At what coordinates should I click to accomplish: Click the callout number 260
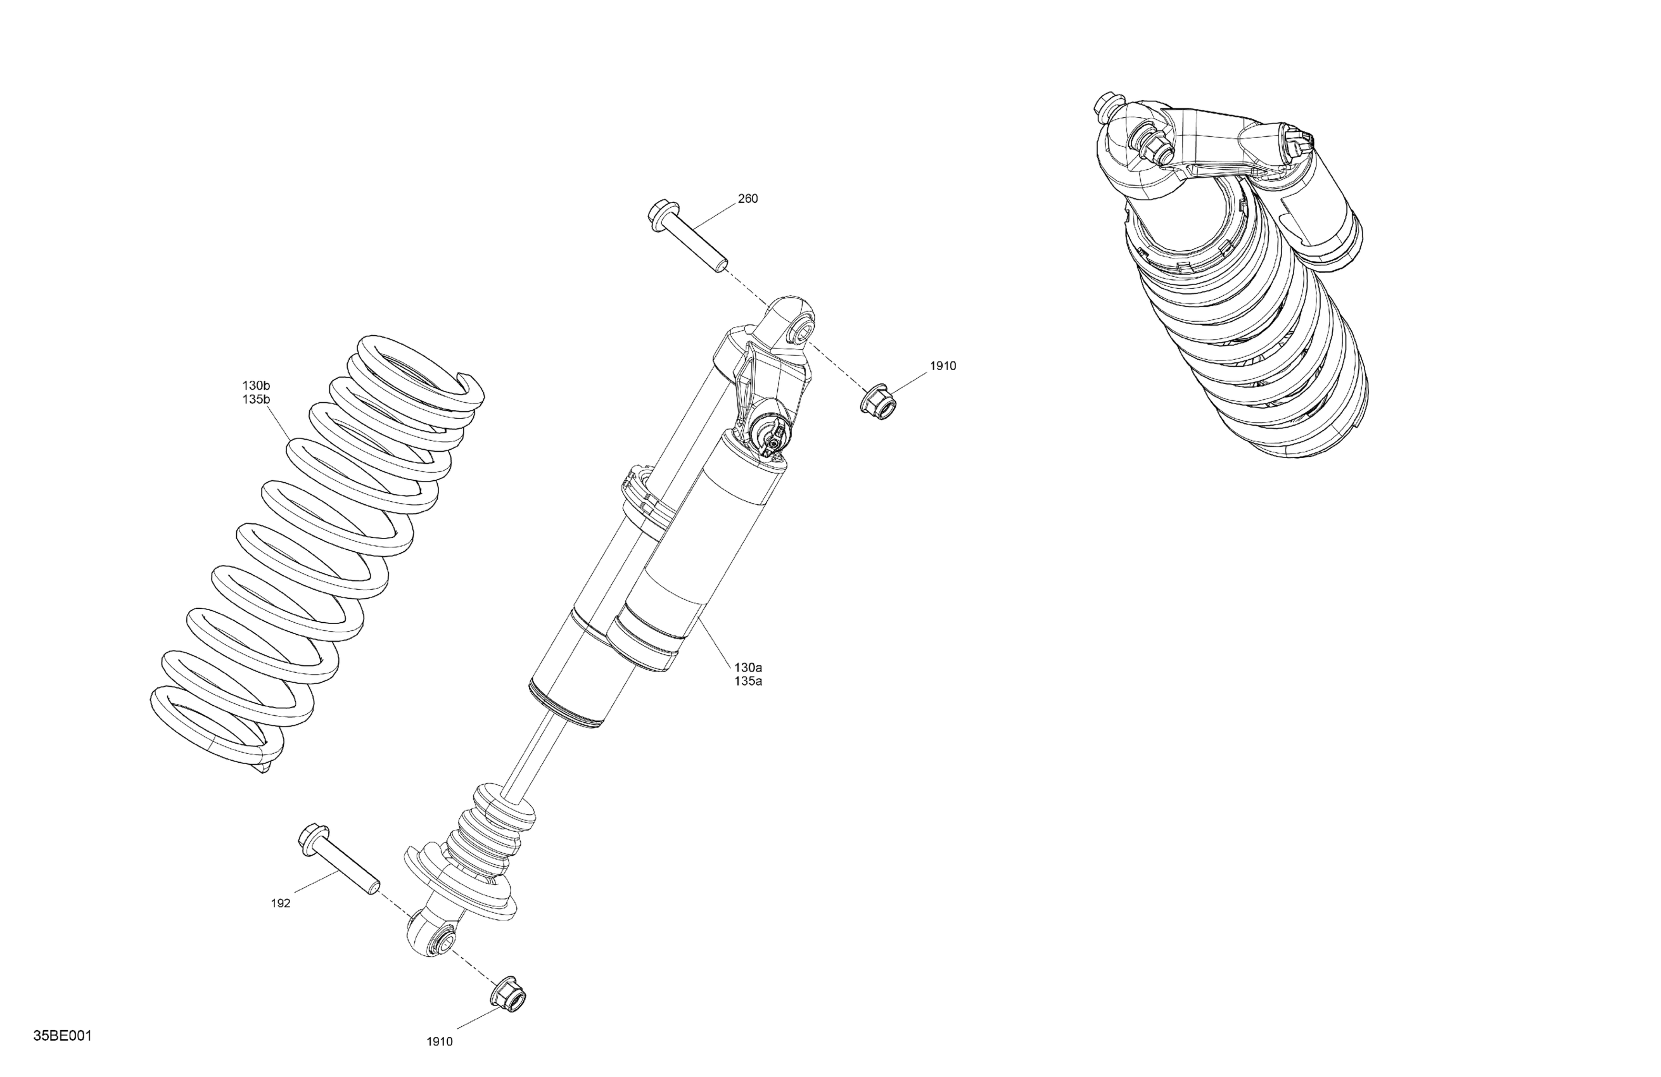pos(748,199)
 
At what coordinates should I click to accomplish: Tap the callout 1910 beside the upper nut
pos(943,366)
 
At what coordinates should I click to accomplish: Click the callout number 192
pos(281,903)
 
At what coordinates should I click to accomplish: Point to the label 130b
pos(256,385)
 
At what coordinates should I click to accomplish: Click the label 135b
pos(256,399)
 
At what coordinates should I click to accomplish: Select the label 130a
pos(748,667)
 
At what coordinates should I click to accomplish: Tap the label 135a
pos(748,681)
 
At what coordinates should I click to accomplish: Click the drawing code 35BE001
pos(62,1035)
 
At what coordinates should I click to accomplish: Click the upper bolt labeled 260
pos(688,234)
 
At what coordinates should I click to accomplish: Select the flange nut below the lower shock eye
pos(509,994)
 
